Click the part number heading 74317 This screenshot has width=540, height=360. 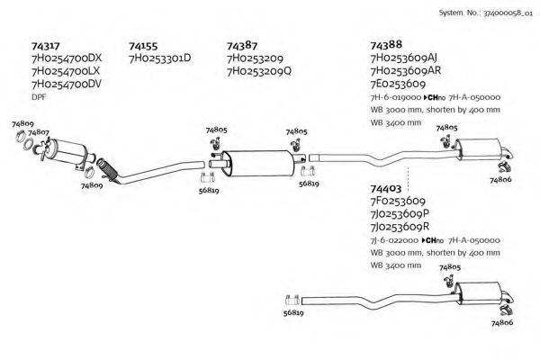tap(45, 45)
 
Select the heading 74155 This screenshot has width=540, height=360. tap(143, 45)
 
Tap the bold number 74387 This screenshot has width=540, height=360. tap(242, 45)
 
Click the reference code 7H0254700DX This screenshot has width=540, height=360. tap(67, 58)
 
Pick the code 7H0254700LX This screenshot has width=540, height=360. tap(67, 71)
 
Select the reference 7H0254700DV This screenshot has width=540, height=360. tap(67, 84)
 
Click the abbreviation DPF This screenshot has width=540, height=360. tap(39, 96)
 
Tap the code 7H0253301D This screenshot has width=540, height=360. tap(160, 58)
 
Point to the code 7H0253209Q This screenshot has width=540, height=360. tap(259, 71)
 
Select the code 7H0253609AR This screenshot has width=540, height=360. tap(405, 71)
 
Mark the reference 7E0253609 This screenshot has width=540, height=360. tap(398, 84)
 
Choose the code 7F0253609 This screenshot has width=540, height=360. tap(398, 202)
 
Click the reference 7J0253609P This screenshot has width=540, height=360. tap(400, 214)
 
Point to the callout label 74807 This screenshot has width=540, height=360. tap(38, 133)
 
